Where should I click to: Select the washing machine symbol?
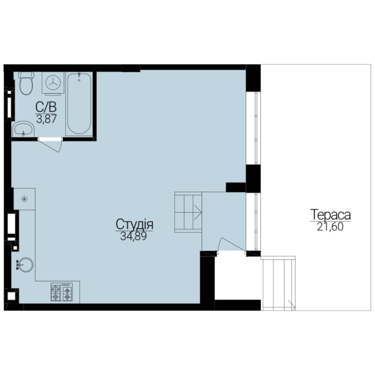(x=53, y=83)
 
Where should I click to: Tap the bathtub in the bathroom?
(x=79, y=104)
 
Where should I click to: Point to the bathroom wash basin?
(x=23, y=129)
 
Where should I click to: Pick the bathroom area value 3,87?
(x=47, y=119)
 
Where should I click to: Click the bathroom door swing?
(x=50, y=144)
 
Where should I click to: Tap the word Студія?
(x=134, y=224)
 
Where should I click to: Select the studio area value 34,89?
(x=133, y=236)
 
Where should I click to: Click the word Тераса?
(x=331, y=215)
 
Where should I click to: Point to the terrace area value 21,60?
(x=330, y=227)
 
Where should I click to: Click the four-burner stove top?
(x=61, y=292)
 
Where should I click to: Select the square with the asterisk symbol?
(x=24, y=199)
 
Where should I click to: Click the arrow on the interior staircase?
(x=198, y=212)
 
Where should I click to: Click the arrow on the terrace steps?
(x=292, y=305)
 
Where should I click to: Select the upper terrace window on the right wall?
(x=253, y=128)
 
